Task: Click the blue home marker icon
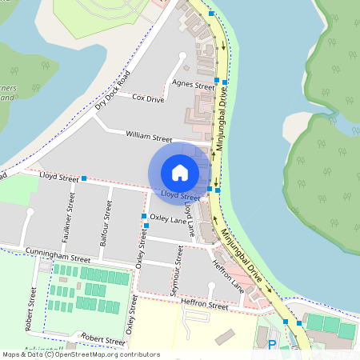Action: (180, 172)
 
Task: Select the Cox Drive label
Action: (148, 98)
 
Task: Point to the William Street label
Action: (149, 138)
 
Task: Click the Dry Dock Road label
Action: (112, 90)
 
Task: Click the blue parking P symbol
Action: (272, 346)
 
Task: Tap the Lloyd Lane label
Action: (190, 217)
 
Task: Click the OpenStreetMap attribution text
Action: (81, 354)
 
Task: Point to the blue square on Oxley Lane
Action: (144, 216)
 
